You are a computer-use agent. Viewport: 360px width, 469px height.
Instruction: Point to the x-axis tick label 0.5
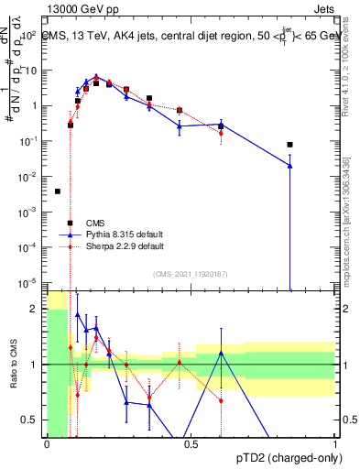[x=191, y=444]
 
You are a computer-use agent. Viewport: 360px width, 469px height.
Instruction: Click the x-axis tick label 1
[x=336, y=444]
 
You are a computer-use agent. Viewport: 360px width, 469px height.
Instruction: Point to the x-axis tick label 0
[x=47, y=444]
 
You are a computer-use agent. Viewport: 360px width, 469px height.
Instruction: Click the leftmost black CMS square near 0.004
[x=58, y=191]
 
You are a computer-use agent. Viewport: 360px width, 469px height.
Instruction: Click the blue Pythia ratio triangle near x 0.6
[x=221, y=353]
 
